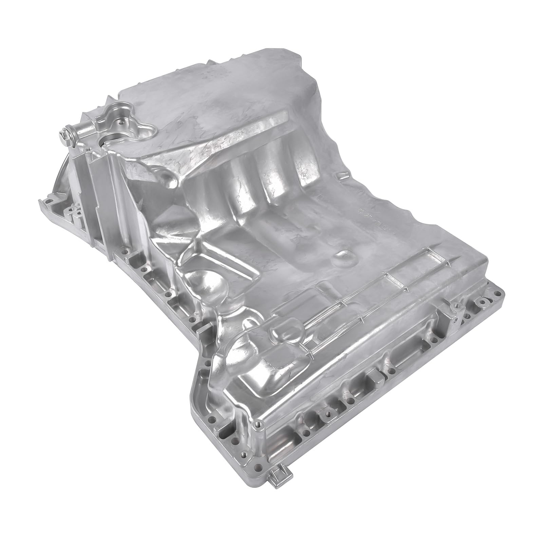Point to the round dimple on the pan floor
coord(343,254)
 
